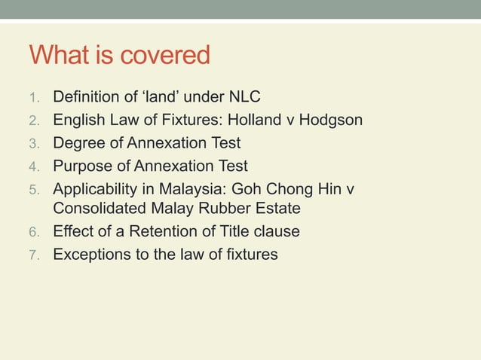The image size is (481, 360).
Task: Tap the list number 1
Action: click(33, 97)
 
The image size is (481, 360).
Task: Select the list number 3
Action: click(33, 142)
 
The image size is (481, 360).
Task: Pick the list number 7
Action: click(33, 255)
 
